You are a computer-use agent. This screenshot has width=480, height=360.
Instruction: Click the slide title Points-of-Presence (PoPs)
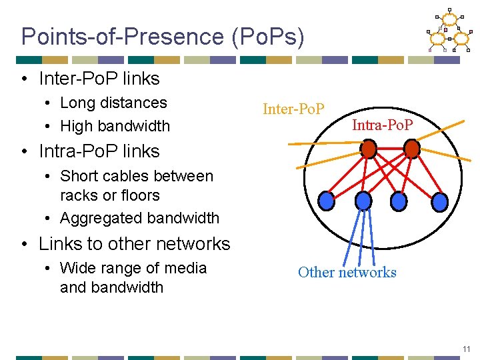[x=163, y=37]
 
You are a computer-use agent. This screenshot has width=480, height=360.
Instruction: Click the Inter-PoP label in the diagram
[x=293, y=109]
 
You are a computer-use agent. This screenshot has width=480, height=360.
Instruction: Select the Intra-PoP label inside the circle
[x=382, y=125]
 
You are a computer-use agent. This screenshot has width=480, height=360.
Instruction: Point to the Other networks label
[x=347, y=272]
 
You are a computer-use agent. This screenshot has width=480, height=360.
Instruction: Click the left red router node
[x=368, y=148]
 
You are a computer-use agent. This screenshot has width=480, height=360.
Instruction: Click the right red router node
[x=412, y=148]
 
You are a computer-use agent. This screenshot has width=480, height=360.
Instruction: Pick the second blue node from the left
[x=363, y=200]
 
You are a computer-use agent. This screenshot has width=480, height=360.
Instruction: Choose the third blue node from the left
[x=399, y=200]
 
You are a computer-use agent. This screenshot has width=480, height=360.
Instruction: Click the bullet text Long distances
[x=113, y=103]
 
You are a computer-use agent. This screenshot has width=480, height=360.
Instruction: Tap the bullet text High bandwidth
[x=115, y=125]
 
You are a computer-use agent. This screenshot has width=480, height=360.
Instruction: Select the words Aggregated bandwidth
[x=139, y=218]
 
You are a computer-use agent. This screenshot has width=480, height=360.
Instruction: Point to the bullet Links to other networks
[x=134, y=243]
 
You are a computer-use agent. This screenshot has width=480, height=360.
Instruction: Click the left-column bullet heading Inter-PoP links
[x=99, y=78]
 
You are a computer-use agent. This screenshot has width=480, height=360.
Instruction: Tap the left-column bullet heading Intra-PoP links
[x=99, y=151]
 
